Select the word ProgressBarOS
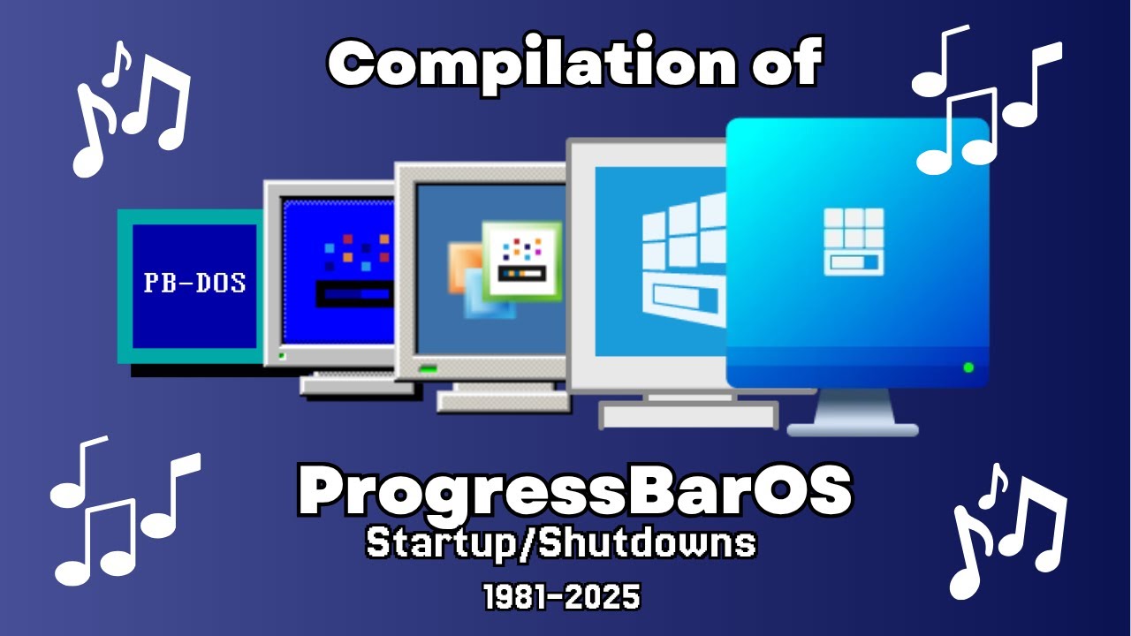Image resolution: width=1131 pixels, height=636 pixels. tap(575, 493)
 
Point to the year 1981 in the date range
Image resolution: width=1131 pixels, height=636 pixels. tap(515, 598)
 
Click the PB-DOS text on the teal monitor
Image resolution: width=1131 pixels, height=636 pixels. tap(194, 284)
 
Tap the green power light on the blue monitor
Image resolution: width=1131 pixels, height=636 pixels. tap(968, 367)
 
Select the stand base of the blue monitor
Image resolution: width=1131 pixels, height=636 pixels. tap(852, 428)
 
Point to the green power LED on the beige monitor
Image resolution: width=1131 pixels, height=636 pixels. tap(429, 367)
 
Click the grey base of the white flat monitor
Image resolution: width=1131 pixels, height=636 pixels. tap(688, 414)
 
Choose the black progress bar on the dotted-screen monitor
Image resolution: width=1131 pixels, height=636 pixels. tap(353, 294)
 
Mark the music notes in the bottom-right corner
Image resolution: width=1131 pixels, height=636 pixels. tap(1007, 531)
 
